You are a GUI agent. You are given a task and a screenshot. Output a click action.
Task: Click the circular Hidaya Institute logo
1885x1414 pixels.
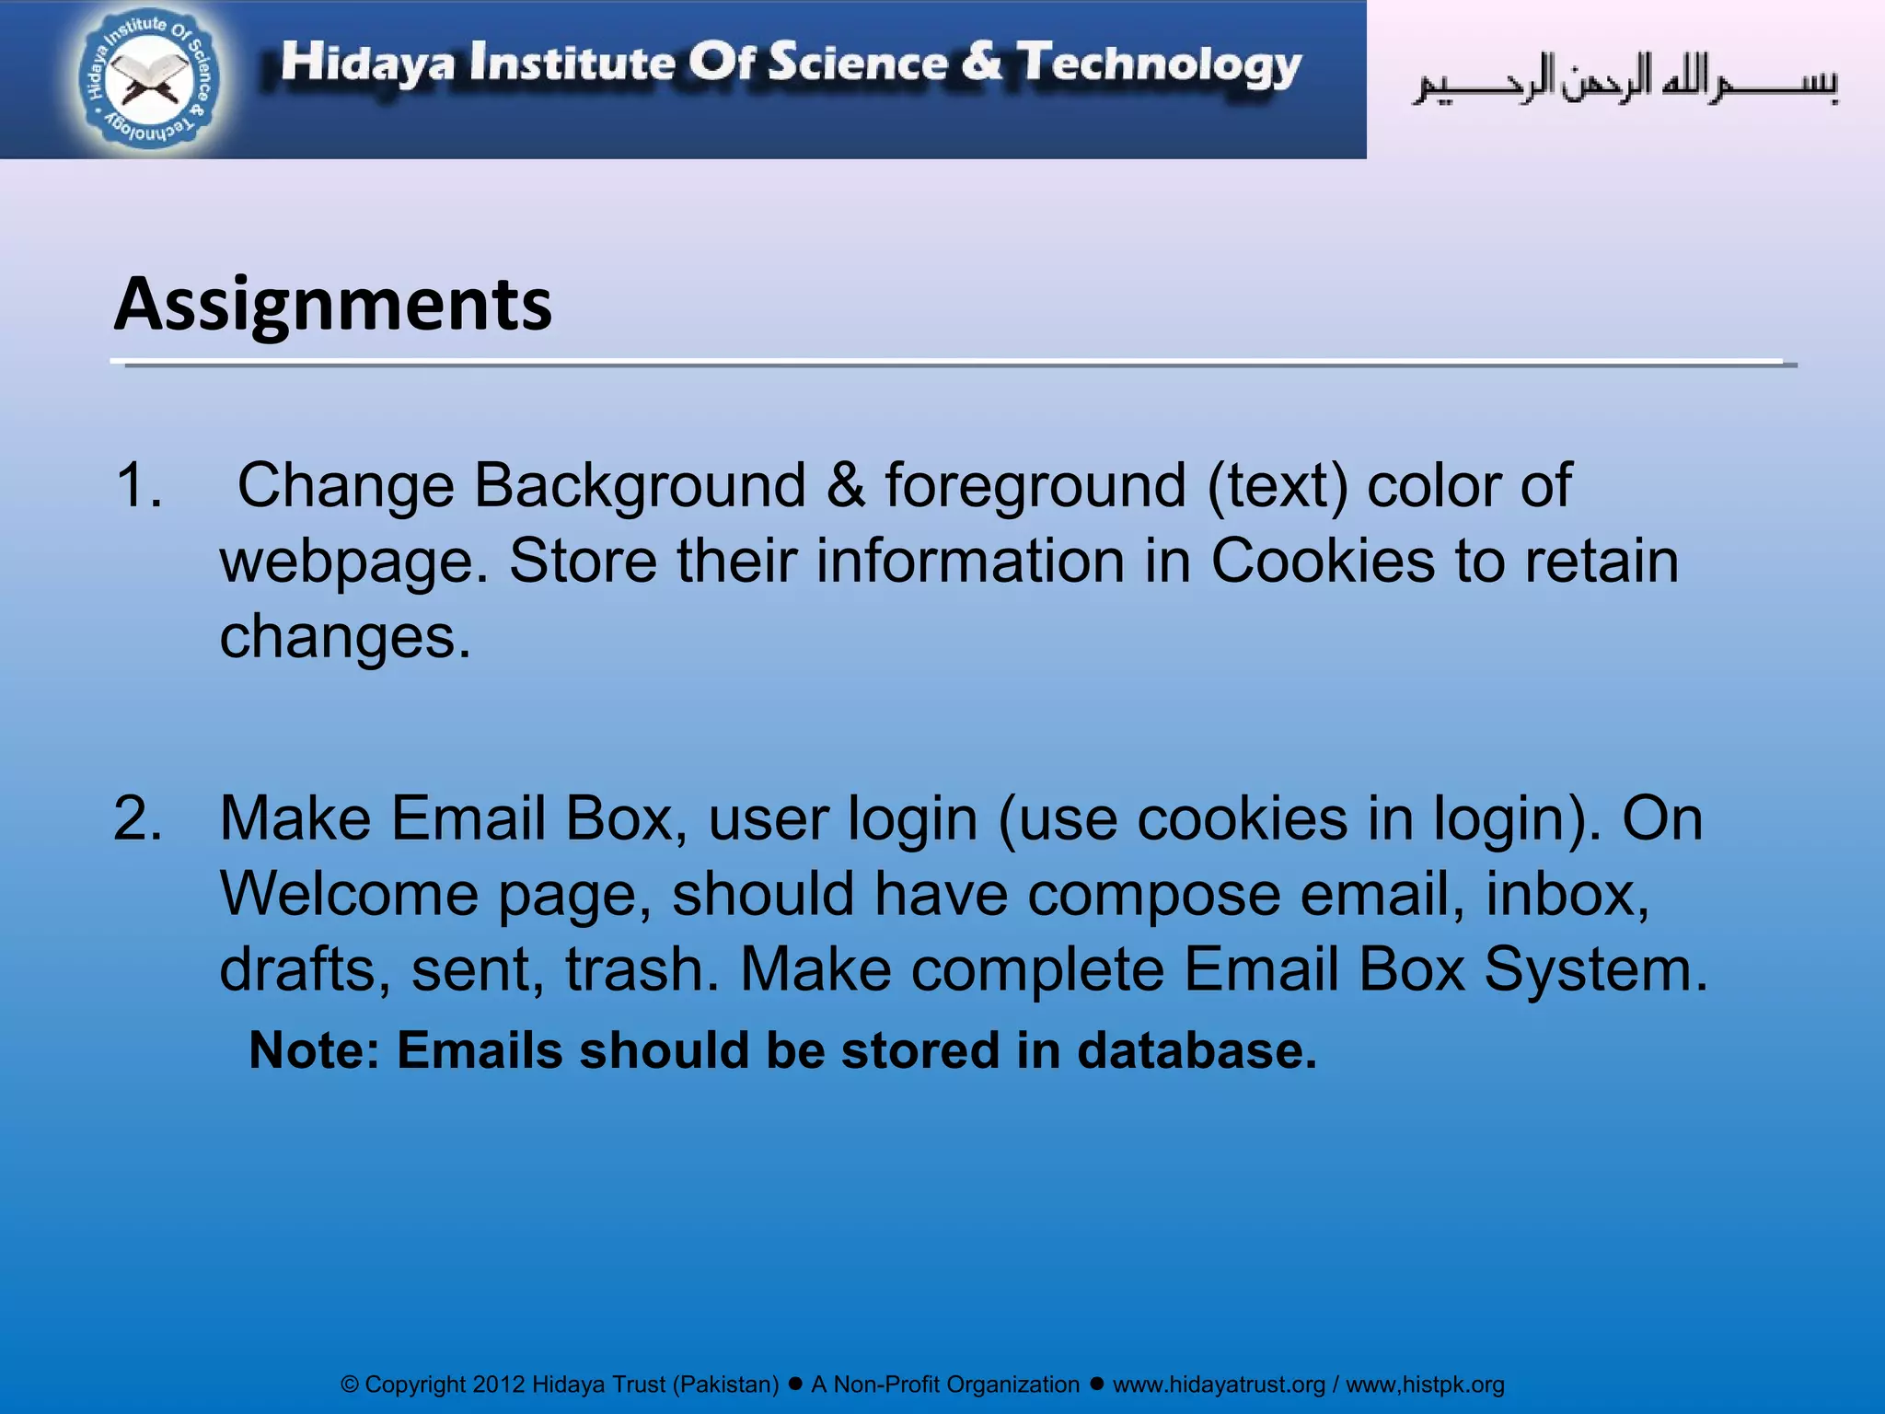[149, 80]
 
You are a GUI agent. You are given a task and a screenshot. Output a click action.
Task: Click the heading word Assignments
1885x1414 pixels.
[332, 304]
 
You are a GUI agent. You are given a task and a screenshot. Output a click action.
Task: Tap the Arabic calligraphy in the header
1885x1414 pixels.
[1625, 81]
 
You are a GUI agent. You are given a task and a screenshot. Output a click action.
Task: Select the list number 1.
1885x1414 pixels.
[138, 485]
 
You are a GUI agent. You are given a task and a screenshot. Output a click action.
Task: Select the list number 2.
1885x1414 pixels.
[138, 818]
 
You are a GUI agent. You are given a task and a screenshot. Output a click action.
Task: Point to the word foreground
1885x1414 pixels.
[1035, 485]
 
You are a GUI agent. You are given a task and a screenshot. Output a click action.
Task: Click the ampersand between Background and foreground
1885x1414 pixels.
[845, 485]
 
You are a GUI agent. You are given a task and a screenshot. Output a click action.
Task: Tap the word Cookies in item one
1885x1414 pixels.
[1322, 561]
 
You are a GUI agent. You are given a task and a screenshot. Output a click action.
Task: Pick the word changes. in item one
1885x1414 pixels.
[345, 636]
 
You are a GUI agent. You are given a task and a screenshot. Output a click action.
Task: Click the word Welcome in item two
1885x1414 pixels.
[349, 894]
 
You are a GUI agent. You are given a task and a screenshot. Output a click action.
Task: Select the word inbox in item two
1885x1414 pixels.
[1566, 894]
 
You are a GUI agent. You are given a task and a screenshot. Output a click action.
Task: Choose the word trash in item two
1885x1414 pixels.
[642, 969]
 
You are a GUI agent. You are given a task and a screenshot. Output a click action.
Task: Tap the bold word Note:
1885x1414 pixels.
[314, 1050]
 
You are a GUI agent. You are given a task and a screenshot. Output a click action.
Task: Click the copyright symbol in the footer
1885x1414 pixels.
[350, 1385]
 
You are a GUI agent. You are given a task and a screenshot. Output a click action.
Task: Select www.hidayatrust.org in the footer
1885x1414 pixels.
[1219, 1385]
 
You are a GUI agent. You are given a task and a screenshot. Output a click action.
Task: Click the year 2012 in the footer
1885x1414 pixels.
[498, 1385]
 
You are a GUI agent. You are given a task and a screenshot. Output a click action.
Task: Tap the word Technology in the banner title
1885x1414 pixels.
[1159, 64]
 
